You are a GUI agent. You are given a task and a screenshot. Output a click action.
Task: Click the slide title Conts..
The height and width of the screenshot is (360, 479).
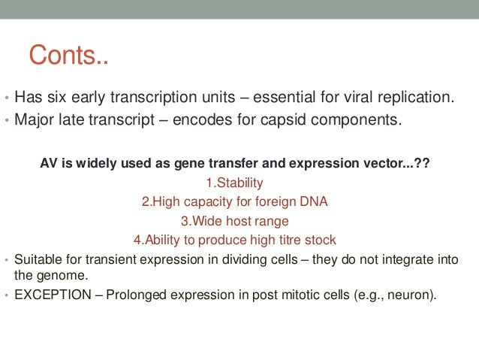coord(68,55)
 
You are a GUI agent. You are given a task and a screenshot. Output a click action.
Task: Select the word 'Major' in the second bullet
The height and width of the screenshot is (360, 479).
coord(33,119)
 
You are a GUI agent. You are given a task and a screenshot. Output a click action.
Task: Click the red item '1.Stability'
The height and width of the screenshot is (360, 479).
coord(234,182)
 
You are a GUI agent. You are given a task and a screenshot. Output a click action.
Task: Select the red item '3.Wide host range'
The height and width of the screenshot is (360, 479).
coord(234,221)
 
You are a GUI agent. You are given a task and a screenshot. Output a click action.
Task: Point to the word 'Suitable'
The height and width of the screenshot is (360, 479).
coord(38,261)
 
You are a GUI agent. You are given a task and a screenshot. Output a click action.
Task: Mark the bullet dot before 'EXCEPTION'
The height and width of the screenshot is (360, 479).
coord(6,295)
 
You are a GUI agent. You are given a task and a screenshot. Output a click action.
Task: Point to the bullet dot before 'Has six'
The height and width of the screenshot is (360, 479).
coord(6,98)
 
